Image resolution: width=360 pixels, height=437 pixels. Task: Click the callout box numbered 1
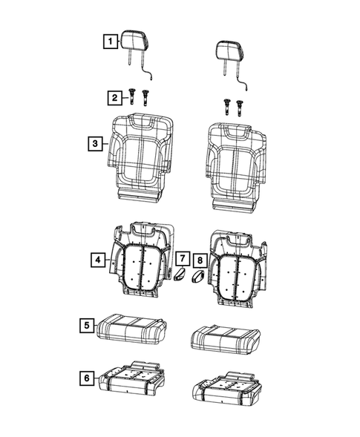point(109,42)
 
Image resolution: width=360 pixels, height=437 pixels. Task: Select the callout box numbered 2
point(114,97)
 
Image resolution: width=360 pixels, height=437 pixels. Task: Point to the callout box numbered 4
point(97,260)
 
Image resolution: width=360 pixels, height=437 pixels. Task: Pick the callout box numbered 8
point(199,260)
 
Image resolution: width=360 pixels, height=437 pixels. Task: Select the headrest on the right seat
point(229,50)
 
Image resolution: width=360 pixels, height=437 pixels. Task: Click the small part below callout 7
point(180,277)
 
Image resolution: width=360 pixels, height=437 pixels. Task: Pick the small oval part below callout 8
point(198,278)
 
